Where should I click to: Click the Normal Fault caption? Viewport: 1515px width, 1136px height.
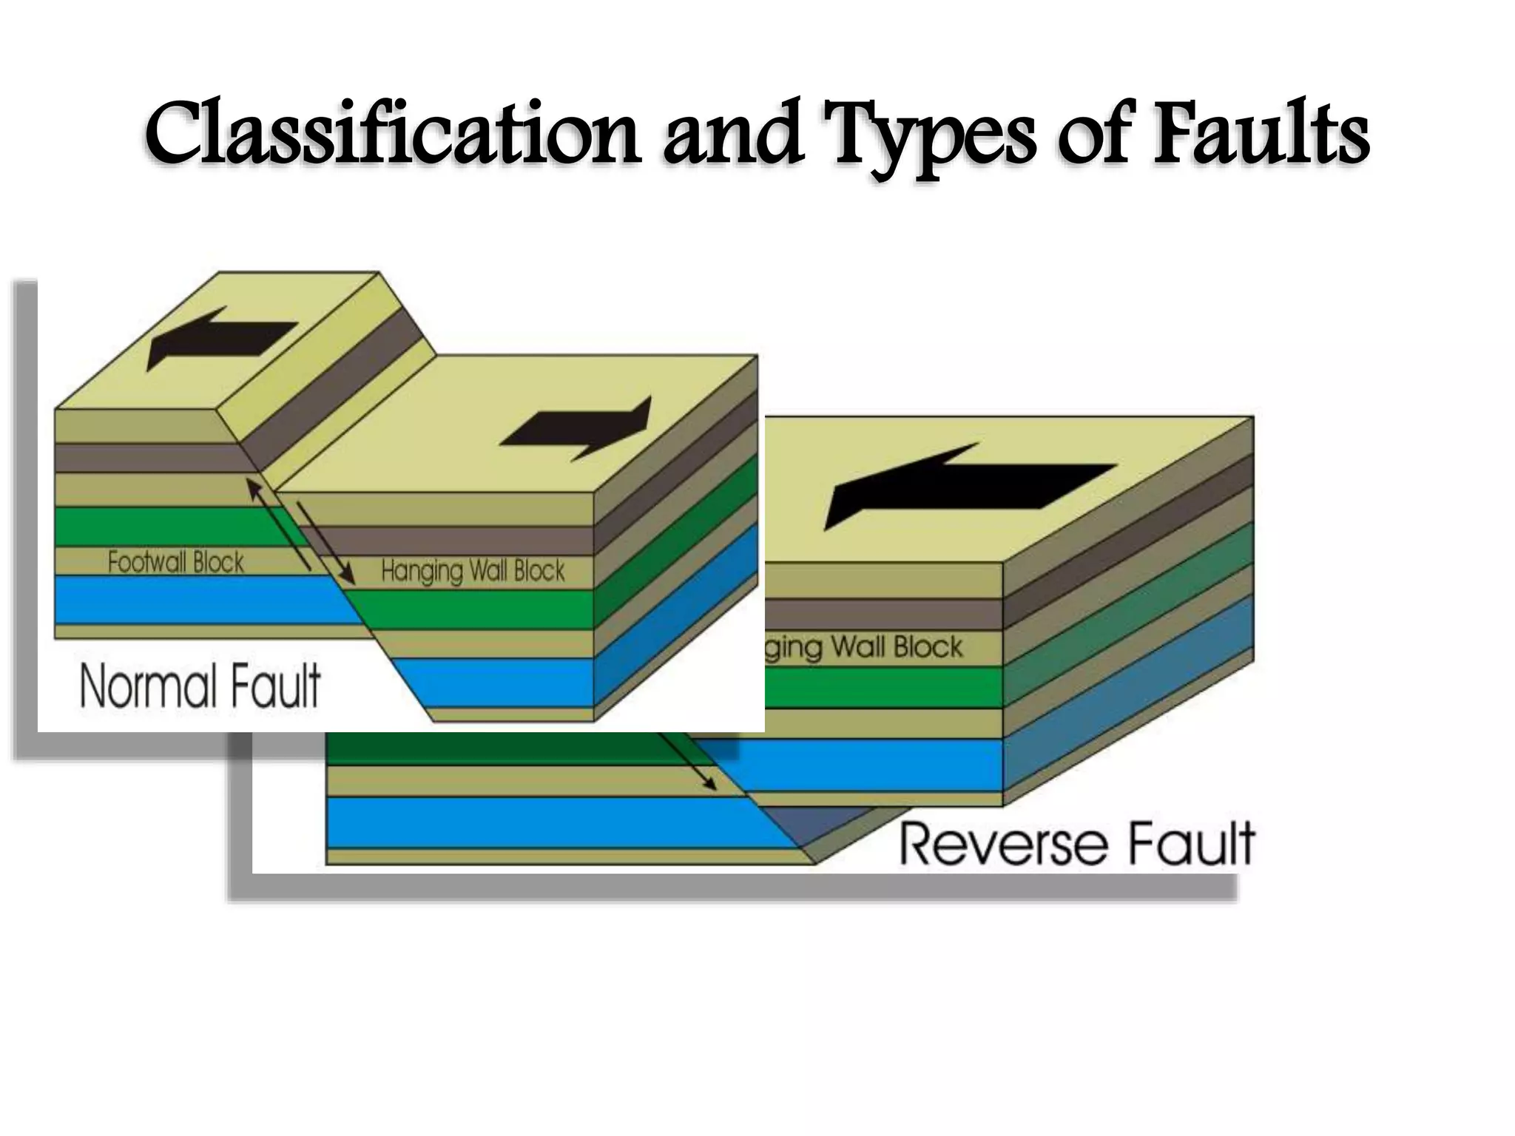200,686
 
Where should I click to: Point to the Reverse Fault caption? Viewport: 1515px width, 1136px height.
1077,843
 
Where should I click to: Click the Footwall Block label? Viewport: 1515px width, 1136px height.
175,563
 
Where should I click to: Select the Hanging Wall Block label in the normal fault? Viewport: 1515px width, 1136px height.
473,571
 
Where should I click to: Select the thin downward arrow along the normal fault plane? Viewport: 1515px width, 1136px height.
325,542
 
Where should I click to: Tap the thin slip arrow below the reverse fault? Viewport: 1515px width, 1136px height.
688,762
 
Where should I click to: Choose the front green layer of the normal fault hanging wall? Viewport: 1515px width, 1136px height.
473,609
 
